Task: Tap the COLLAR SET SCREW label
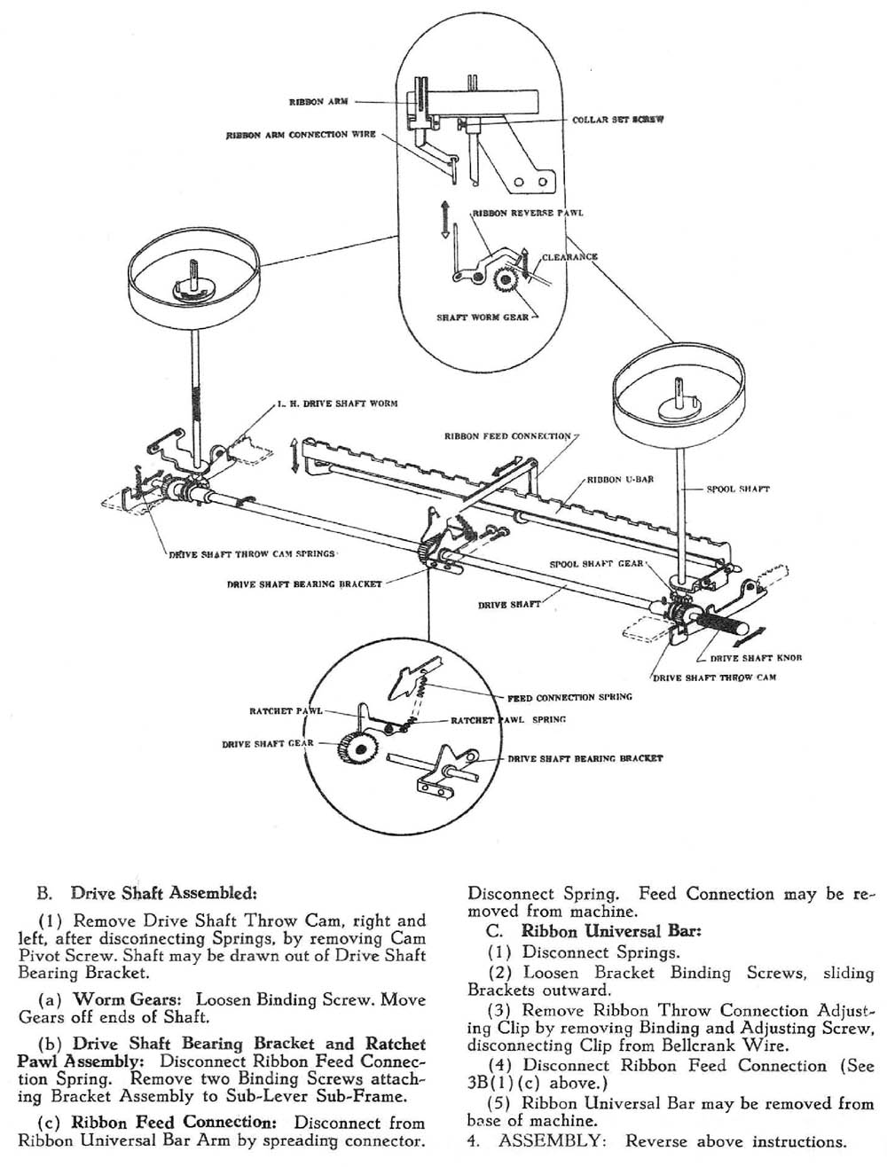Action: (x=612, y=119)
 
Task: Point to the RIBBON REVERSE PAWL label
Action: (x=528, y=214)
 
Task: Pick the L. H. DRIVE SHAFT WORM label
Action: (x=337, y=403)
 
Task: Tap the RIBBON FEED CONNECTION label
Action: (x=507, y=436)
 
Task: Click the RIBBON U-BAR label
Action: (x=620, y=480)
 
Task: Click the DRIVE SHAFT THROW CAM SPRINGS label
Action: (x=252, y=554)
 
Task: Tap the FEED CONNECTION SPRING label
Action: (x=569, y=697)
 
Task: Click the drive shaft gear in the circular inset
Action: (x=355, y=750)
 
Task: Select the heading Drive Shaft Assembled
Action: (x=164, y=892)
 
